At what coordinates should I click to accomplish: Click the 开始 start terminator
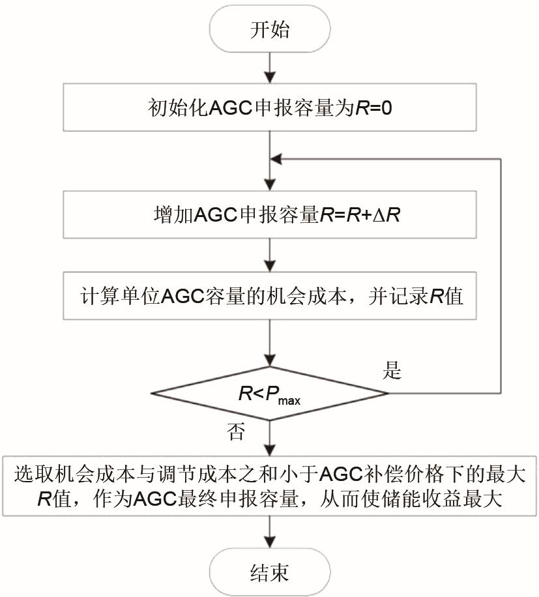click(x=269, y=29)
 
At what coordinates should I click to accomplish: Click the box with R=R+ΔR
click(x=269, y=215)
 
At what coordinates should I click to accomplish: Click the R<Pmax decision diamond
click(x=269, y=393)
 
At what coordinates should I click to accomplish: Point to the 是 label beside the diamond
click(x=393, y=372)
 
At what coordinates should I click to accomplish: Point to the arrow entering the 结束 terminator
click(x=269, y=532)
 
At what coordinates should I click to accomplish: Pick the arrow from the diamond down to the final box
click(x=269, y=437)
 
